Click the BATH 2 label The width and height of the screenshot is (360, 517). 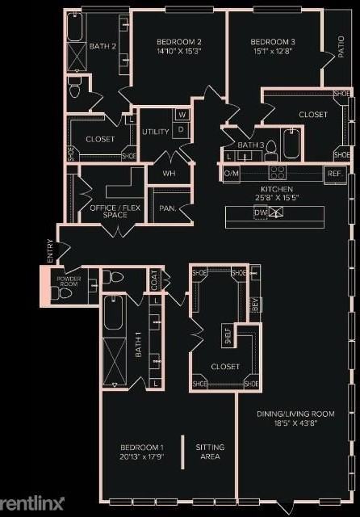103,47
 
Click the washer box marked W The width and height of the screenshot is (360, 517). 182,115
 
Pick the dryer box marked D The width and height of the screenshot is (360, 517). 182,128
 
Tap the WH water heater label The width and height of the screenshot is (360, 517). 169,173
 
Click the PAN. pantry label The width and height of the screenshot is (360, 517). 168,208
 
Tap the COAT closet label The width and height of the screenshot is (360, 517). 154,280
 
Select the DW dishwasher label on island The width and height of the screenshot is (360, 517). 260,212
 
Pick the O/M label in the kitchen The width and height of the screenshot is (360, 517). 232,173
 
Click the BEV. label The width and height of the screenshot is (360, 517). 254,304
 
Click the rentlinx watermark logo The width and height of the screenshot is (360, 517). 32,503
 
